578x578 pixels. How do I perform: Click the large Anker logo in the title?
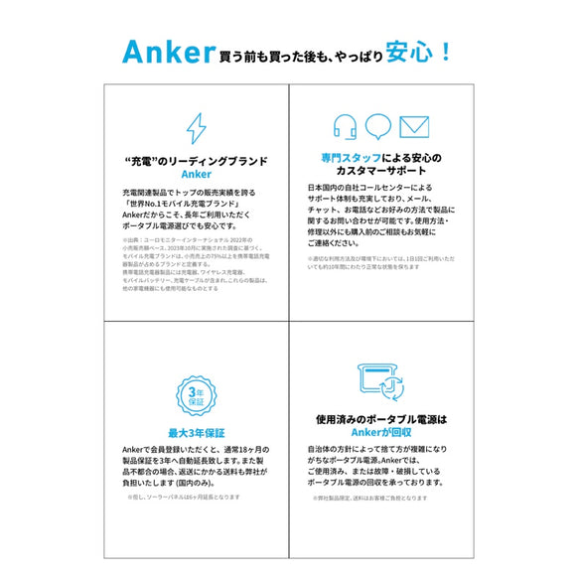pyautogui.click(x=169, y=51)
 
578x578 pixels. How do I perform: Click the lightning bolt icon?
pyautogui.click(x=197, y=129)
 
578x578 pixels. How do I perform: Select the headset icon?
pyautogui.click(x=346, y=127)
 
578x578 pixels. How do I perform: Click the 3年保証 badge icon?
pyautogui.click(x=197, y=396)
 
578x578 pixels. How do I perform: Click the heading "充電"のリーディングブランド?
pyautogui.click(x=197, y=160)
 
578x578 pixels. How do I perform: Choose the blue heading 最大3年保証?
pyautogui.click(x=197, y=433)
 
